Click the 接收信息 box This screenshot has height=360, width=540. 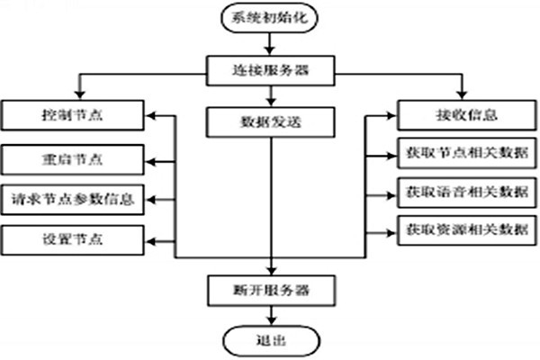(x=461, y=115)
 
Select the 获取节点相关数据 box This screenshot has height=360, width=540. (x=461, y=151)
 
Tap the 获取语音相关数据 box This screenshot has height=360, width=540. (x=461, y=191)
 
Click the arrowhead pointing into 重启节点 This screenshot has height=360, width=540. (x=151, y=160)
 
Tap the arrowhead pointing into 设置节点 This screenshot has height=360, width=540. (x=151, y=240)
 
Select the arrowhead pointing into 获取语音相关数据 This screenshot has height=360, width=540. (x=392, y=191)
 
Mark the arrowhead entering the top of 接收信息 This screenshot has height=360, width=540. (x=461, y=95)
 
